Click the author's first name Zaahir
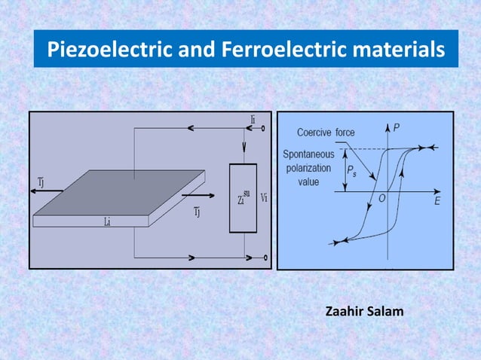tap(346, 310)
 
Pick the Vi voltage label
tap(263, 198)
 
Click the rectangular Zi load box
tap(243, 197)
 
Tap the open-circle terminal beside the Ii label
tap(264, 129)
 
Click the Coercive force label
tap(326, 133)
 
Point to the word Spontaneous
tap(308, 155)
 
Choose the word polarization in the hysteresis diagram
tap(308, 169)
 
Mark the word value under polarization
tap(308, 182)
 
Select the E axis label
tap(437, 202)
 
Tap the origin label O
tap(382, 199)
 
